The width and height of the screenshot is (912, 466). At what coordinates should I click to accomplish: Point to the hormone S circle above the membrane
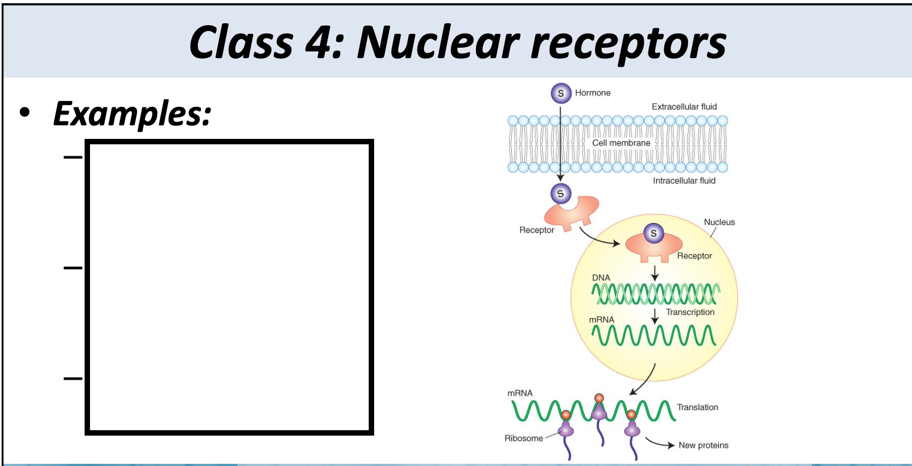pos(561,93)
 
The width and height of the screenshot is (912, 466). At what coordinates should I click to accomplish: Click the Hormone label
pos(593,93)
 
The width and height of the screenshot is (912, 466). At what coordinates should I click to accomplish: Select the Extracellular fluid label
pos(684,107)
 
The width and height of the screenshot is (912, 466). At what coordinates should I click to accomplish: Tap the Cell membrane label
pos(621,143)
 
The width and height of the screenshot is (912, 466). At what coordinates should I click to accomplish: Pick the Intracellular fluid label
pos(684,181)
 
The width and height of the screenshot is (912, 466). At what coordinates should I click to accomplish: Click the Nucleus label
pos(719,222)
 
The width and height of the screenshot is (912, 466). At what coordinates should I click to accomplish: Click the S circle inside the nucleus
pos(653,233)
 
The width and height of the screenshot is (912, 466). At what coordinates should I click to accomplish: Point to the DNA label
pos(601,278)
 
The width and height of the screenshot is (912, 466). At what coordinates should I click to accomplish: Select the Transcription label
pos(690,312)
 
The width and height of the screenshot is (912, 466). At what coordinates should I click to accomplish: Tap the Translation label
pos(697,407)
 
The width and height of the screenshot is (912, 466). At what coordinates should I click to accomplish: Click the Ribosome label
pos(523,438)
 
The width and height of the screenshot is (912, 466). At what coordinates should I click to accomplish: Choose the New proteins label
pos(703,445)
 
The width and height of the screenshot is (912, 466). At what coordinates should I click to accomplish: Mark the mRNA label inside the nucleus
pos(601,320)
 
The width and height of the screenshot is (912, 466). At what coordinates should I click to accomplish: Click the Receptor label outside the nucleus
pos(536,230)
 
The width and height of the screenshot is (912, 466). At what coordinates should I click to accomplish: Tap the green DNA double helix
pos(655,294)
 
